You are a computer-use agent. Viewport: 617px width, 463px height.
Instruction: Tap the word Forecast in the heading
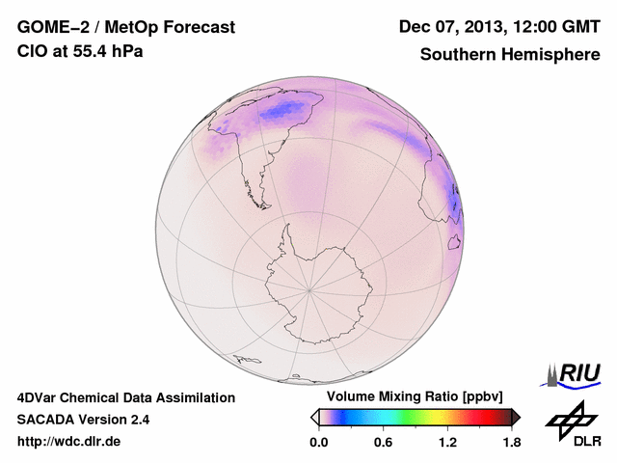click(197, 28)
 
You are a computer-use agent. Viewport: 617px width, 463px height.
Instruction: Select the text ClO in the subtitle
click(31, 51)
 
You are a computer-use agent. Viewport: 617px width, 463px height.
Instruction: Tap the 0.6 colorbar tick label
click(383, 442)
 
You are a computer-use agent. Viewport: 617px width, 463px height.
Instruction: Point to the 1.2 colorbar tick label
click(447, 442)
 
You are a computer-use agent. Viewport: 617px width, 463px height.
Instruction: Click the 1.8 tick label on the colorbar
click(511, 442)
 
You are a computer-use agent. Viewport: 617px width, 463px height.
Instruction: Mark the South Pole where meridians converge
click(308, 288)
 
